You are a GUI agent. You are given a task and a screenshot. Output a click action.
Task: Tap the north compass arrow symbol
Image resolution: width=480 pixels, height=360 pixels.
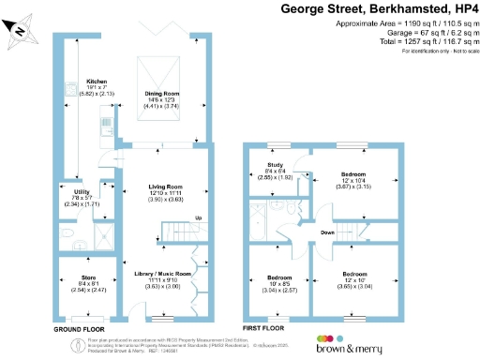(x=19, y=30)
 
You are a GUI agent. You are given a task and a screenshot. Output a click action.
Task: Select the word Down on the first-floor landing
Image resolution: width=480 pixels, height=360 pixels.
(x=326, y=232)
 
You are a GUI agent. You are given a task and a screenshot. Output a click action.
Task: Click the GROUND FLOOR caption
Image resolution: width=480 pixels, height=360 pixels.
(x=78, y=330)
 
